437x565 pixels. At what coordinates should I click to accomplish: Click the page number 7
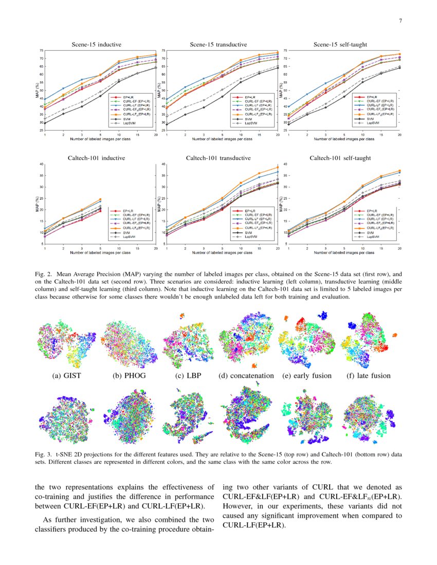[399, 21]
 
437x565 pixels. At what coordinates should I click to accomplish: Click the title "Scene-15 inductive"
[96, 45]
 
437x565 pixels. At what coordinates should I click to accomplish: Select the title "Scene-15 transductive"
[218, 45]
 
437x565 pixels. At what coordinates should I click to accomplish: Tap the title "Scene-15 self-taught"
[340, 45]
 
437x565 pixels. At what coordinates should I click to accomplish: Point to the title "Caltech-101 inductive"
[96, 158]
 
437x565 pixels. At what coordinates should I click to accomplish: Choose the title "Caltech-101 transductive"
[218, 158]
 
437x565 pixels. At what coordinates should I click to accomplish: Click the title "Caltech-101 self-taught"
[340, 158]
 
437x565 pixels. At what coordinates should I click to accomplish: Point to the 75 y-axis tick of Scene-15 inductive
[41, 51]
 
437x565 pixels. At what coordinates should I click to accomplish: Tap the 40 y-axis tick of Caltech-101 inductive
[41, 164]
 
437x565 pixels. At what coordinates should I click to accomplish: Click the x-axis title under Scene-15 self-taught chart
[344, 139]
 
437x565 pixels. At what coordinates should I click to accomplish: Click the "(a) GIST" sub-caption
[67, 375]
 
